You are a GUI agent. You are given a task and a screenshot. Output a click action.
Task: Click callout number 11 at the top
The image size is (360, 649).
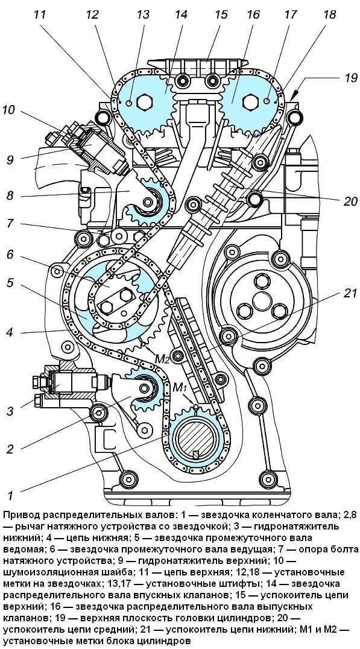pos(40,15)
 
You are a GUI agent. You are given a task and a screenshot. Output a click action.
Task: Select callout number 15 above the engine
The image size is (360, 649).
pos(221,15)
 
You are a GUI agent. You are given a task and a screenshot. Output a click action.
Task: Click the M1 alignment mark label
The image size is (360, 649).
pos(180,388)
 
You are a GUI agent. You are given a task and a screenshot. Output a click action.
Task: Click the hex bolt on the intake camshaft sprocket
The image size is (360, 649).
pos(145,101)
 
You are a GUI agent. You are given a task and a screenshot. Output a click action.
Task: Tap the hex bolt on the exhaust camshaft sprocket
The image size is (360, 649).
pos(251,102)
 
